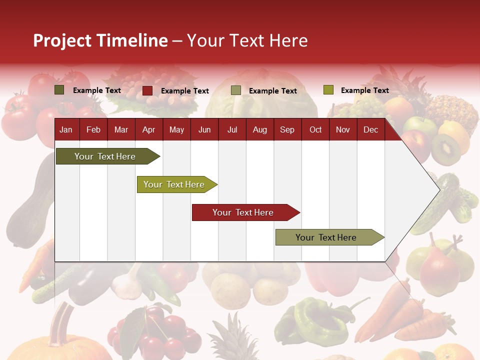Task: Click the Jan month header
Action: (x=66, y=129)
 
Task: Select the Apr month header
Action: (x=148, y=129)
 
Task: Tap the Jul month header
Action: (x=232, y=129)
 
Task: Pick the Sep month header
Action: (x=287, y=129)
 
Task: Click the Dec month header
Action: (x=370, y=129)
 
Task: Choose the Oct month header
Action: (x=315, y=129)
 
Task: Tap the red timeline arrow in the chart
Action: (x=244, y=212)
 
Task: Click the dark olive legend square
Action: (x=59, y=90)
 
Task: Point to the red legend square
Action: (x=147, y=90)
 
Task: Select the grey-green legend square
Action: (x=236, y=90)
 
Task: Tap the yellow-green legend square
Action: (x=328, y=90)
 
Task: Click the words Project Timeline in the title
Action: (x=100, y=40)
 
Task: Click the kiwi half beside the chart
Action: (x=445, y=149)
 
